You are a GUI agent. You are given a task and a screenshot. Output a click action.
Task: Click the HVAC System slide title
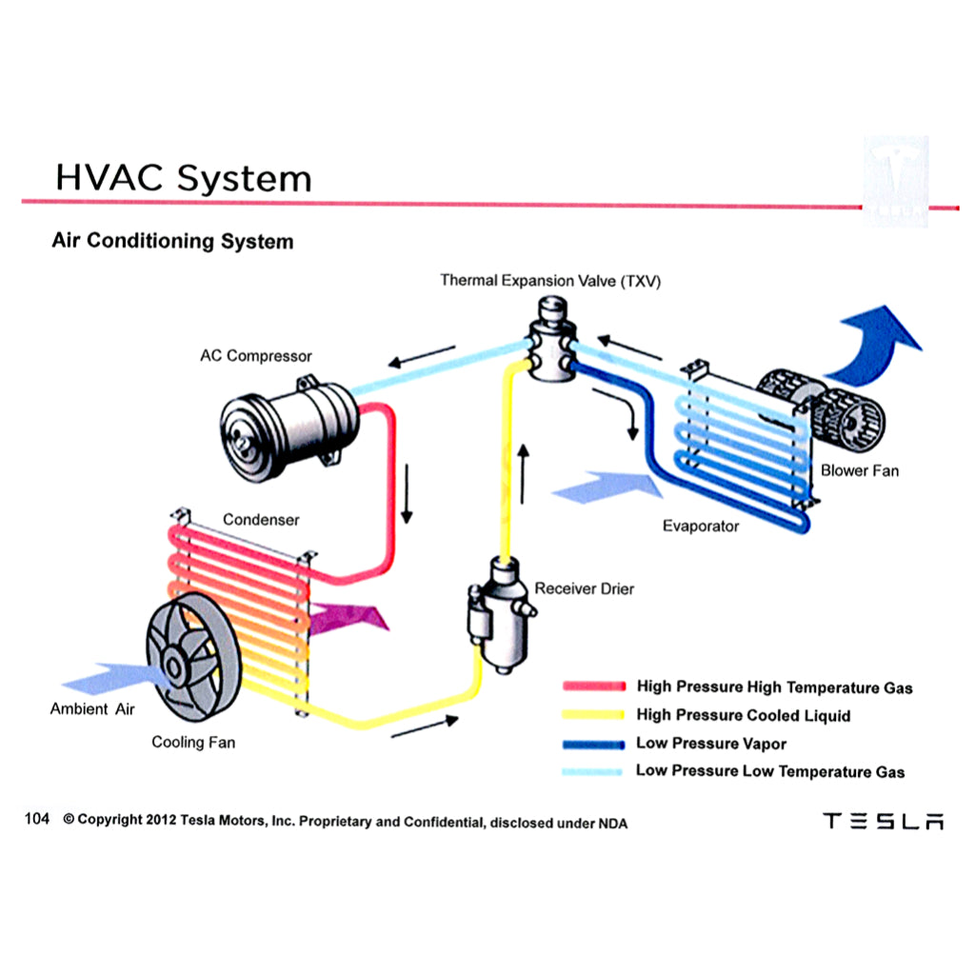183,178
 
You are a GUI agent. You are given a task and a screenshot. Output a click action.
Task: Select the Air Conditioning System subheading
172,241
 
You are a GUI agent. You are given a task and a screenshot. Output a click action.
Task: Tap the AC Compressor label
255,356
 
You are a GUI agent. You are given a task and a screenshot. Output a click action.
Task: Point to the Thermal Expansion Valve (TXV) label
550,281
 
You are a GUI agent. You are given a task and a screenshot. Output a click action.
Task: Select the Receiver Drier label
584,588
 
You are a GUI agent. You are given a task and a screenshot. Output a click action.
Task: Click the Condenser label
261,520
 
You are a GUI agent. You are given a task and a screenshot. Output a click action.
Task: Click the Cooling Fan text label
193,742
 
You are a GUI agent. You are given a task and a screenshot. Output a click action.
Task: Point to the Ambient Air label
92,709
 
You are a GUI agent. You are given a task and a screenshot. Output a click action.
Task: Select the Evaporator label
701,526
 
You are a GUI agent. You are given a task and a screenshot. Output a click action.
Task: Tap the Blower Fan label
859,470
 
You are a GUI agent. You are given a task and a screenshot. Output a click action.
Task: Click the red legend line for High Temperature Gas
593,686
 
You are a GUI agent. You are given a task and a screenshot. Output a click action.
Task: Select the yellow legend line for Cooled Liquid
593,715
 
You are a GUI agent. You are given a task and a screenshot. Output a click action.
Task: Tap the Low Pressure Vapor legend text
711,744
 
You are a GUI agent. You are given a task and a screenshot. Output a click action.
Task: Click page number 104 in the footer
37,819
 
